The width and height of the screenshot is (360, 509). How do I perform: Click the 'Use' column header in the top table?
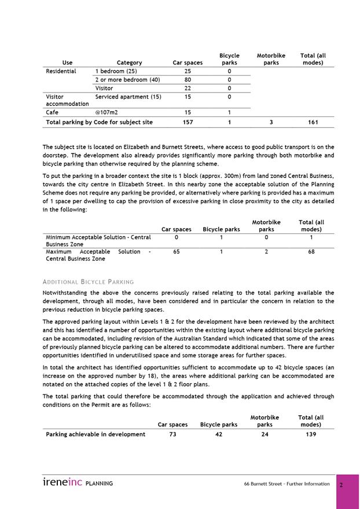[68, 63]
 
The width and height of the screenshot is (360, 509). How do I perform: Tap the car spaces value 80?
[188, 80]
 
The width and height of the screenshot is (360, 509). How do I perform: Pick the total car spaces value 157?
[188, 123]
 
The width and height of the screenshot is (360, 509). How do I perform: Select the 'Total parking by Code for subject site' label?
[99, 123]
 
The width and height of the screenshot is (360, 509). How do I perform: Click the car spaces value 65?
[176, 252]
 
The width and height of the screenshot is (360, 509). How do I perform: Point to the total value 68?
[311, 252]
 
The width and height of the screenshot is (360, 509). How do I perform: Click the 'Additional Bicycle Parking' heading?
[88, 282]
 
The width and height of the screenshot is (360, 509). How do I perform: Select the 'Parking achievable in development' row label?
[95, 434]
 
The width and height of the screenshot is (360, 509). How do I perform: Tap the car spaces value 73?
[172, 434]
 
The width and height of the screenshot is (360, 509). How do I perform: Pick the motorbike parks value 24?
[265, 434]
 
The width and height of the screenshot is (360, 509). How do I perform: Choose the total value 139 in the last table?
[311, 434]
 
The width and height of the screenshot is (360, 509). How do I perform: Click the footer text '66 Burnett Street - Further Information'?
[286, 484]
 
